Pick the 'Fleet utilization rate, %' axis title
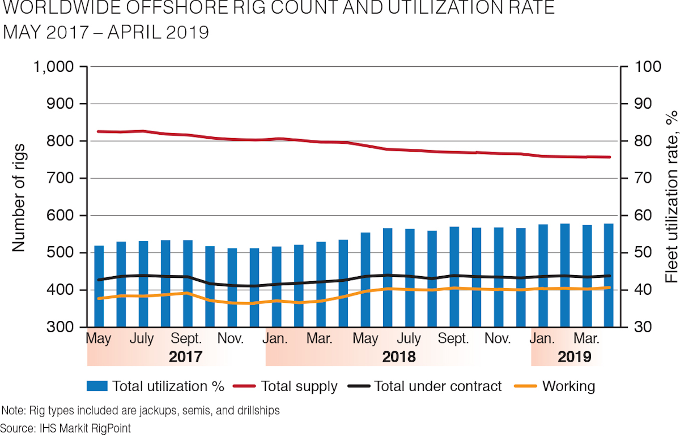click(671, 197)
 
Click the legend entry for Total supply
click(299, 387)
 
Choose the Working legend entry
click(568, 387)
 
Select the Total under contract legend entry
click(438, 387)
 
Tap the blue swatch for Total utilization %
click(97, 387)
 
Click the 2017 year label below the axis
click(185, 357)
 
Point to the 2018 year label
click(398, 357)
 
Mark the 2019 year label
click(574, 357)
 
